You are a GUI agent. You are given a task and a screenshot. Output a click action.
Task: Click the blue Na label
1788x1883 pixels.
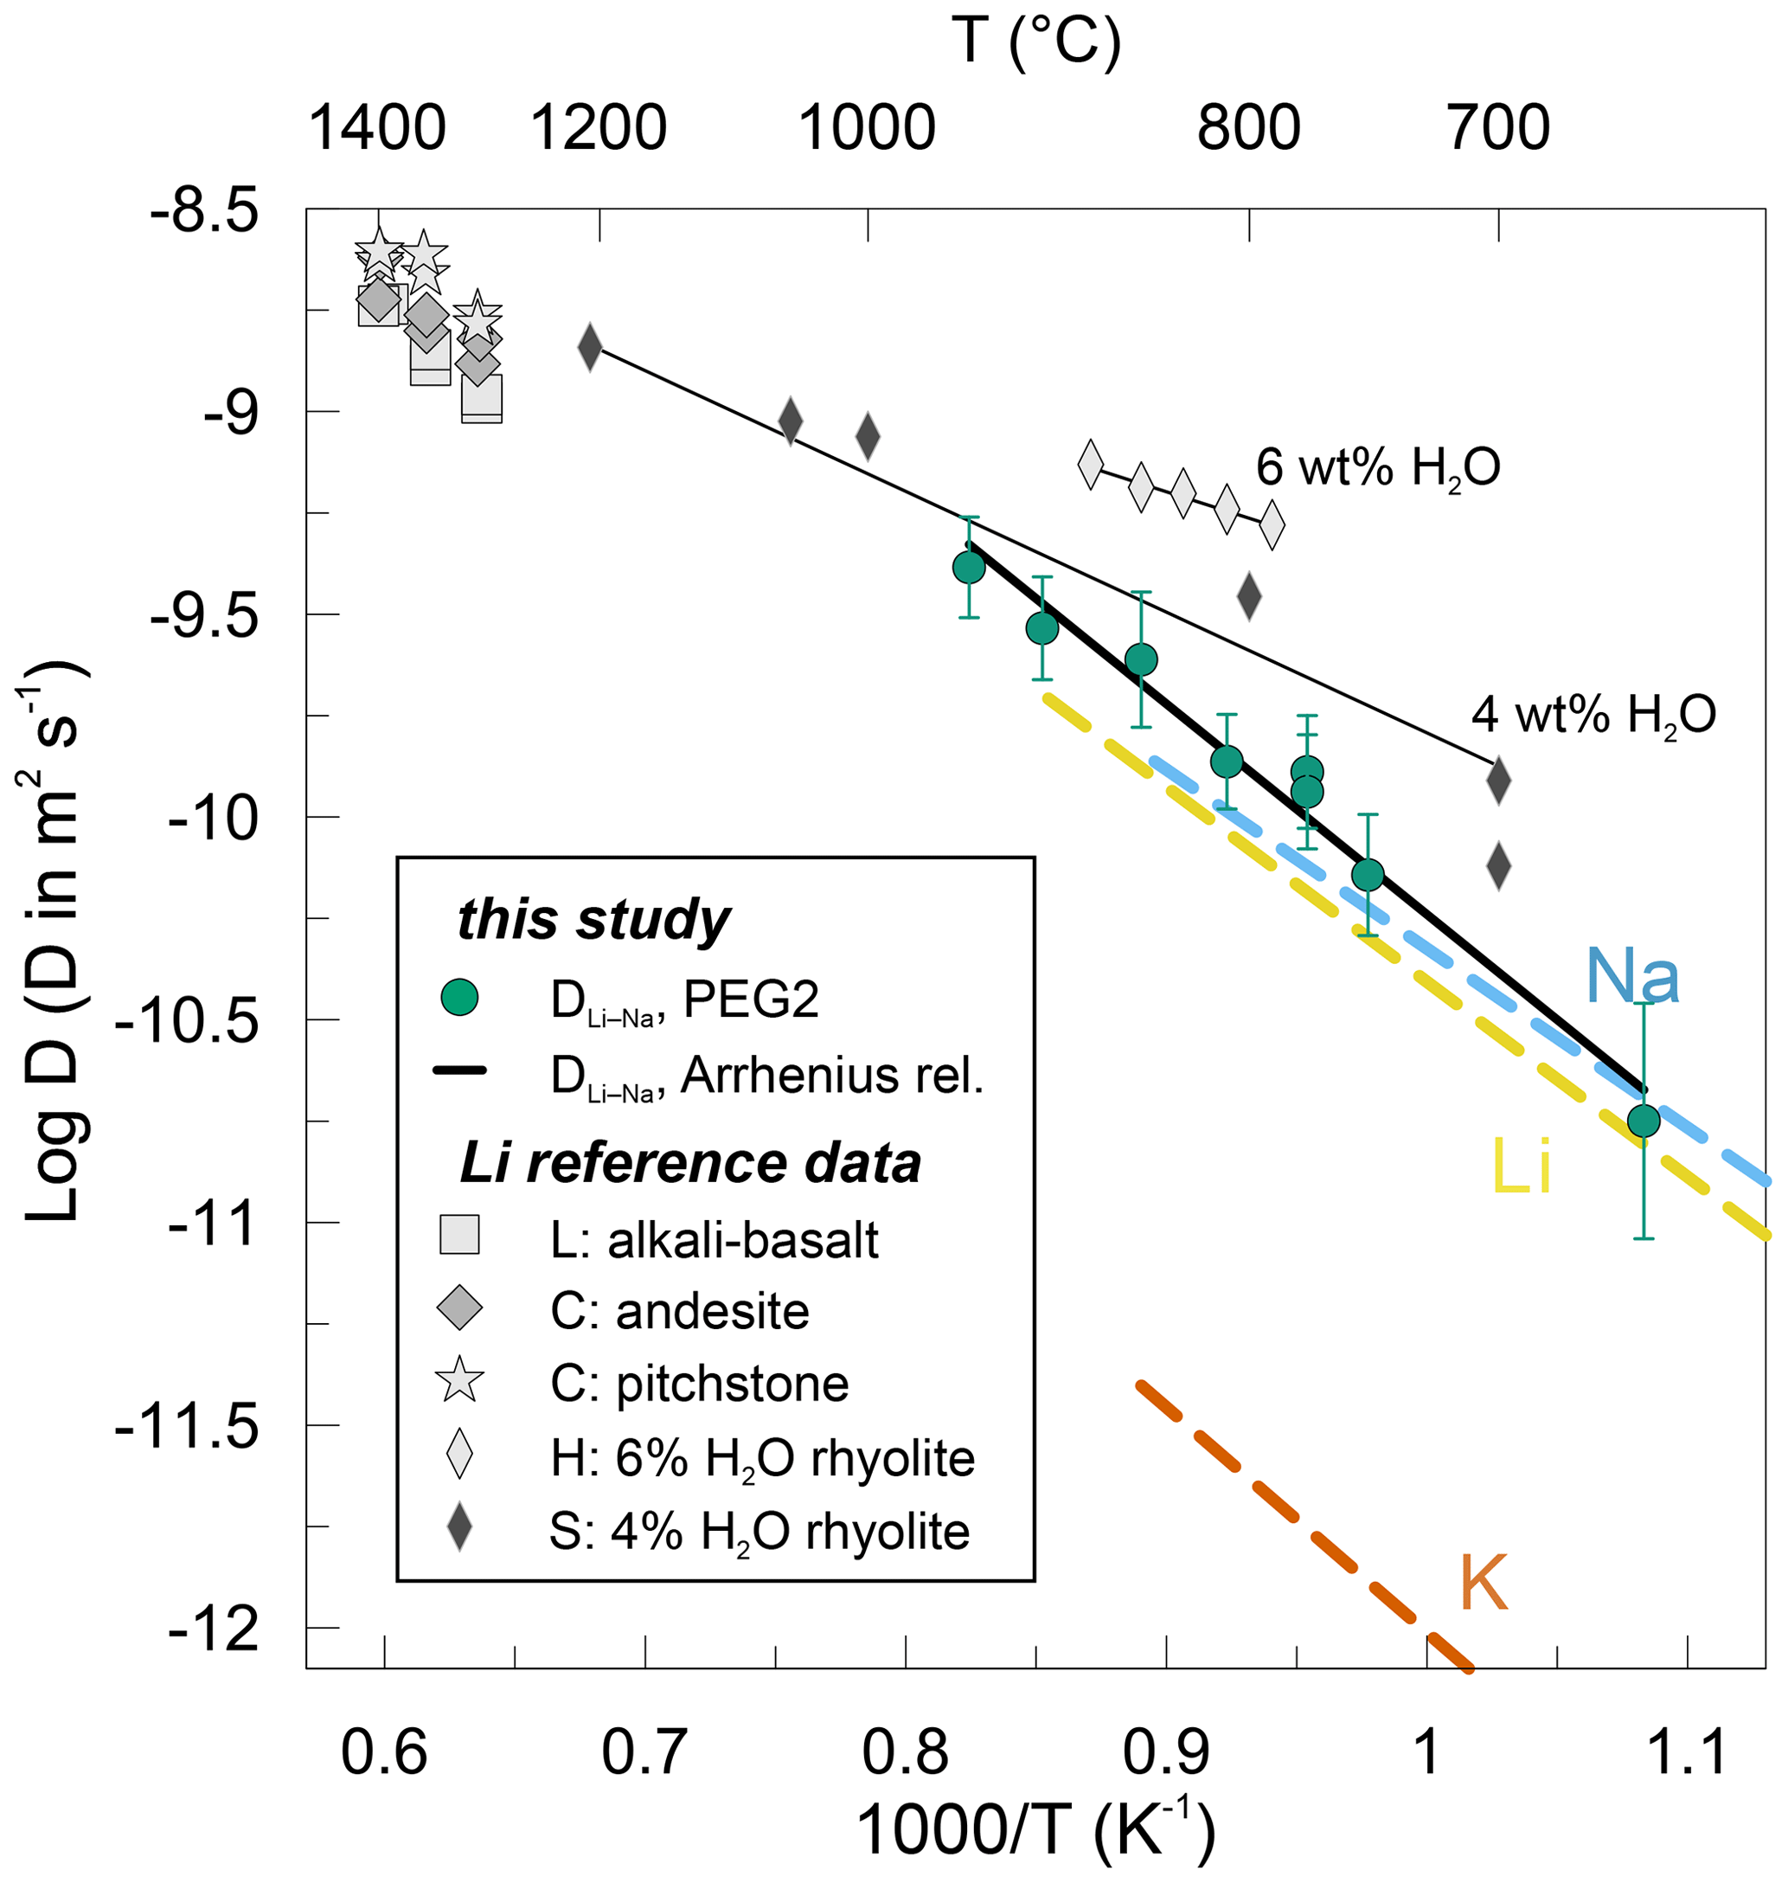[1631, 977]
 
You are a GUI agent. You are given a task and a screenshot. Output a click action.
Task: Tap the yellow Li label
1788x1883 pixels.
[1521, 1166]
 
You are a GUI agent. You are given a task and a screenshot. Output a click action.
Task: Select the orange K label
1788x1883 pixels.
[1483, 1583]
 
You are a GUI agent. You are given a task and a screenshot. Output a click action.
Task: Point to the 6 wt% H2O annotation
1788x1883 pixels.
[1377, 468]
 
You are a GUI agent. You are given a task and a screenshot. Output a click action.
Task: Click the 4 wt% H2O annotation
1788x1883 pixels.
[1593, 714]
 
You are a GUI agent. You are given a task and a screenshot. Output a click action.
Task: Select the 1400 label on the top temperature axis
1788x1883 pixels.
[377, 128]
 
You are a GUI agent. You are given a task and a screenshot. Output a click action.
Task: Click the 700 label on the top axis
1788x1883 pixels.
[1498, 128]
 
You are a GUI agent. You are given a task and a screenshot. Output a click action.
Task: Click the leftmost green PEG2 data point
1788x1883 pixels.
[968, 569]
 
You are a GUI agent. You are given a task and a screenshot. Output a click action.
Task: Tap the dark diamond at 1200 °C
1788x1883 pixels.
[590, 347]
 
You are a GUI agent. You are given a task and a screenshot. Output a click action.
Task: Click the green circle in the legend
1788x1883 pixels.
[459, 999]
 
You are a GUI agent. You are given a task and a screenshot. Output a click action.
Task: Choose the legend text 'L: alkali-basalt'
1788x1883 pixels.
[714, 1240]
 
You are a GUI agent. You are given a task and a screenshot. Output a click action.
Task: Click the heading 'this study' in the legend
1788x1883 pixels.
[593, 920]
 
